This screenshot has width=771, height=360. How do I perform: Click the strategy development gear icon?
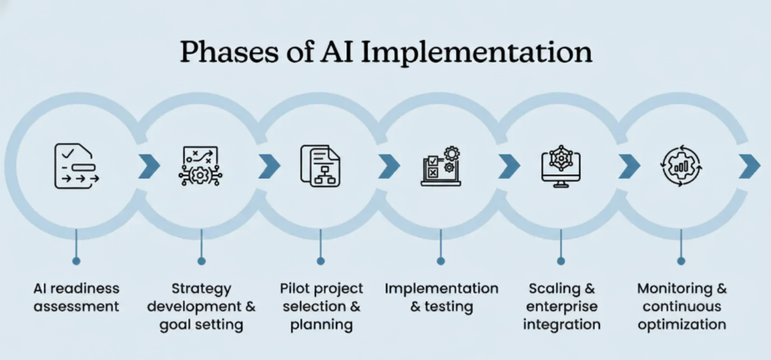(200, 166)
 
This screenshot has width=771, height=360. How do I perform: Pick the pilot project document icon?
(320, 166)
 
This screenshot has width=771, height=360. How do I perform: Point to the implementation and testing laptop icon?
(440, 166)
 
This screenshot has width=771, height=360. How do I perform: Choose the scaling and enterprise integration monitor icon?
(560, 166)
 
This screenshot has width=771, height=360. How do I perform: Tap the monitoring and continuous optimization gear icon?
(680, 166)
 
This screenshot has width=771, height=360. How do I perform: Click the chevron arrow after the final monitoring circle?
(748, 166)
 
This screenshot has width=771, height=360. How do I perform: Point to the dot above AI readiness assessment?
(76, 261)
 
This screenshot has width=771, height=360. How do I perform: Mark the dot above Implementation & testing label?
(440, 261)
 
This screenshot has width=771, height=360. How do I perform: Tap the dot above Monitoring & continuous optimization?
(681, 261)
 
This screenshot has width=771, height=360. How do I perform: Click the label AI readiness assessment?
(76, 297)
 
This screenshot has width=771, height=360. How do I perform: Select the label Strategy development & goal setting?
(201, 307)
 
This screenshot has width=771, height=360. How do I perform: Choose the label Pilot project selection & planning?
(322, 307)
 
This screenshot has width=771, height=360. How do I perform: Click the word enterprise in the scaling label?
(561, 307)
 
